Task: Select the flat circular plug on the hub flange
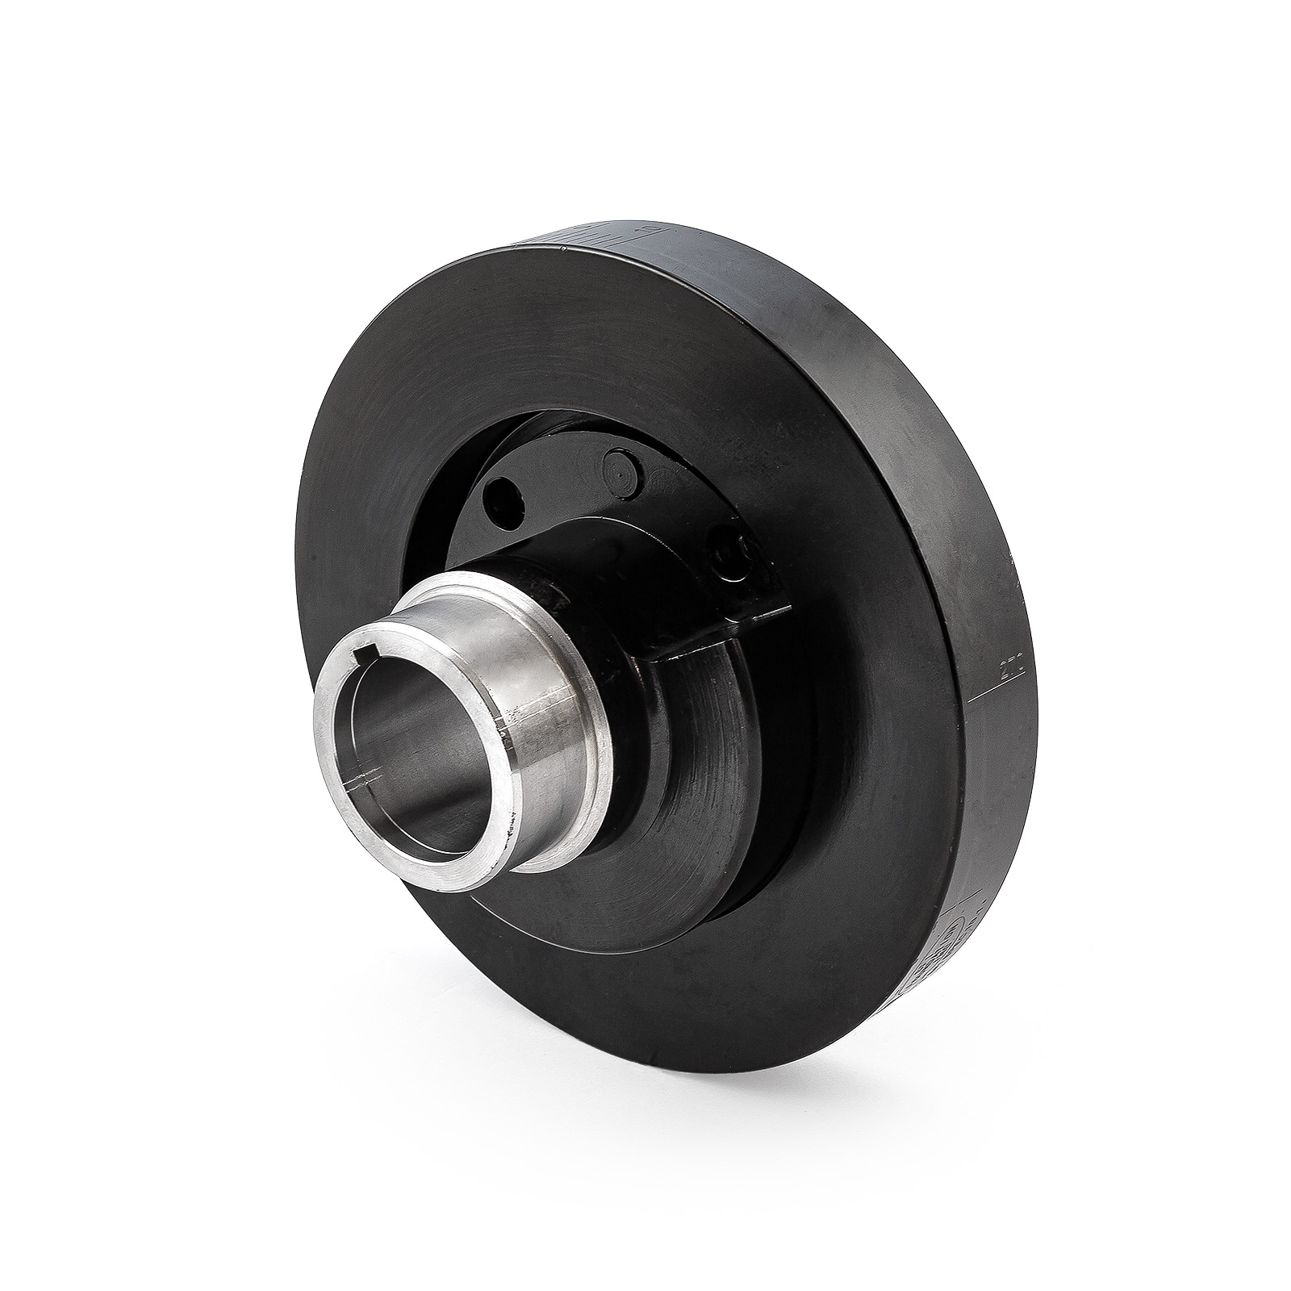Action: click(x=620, y=469)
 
